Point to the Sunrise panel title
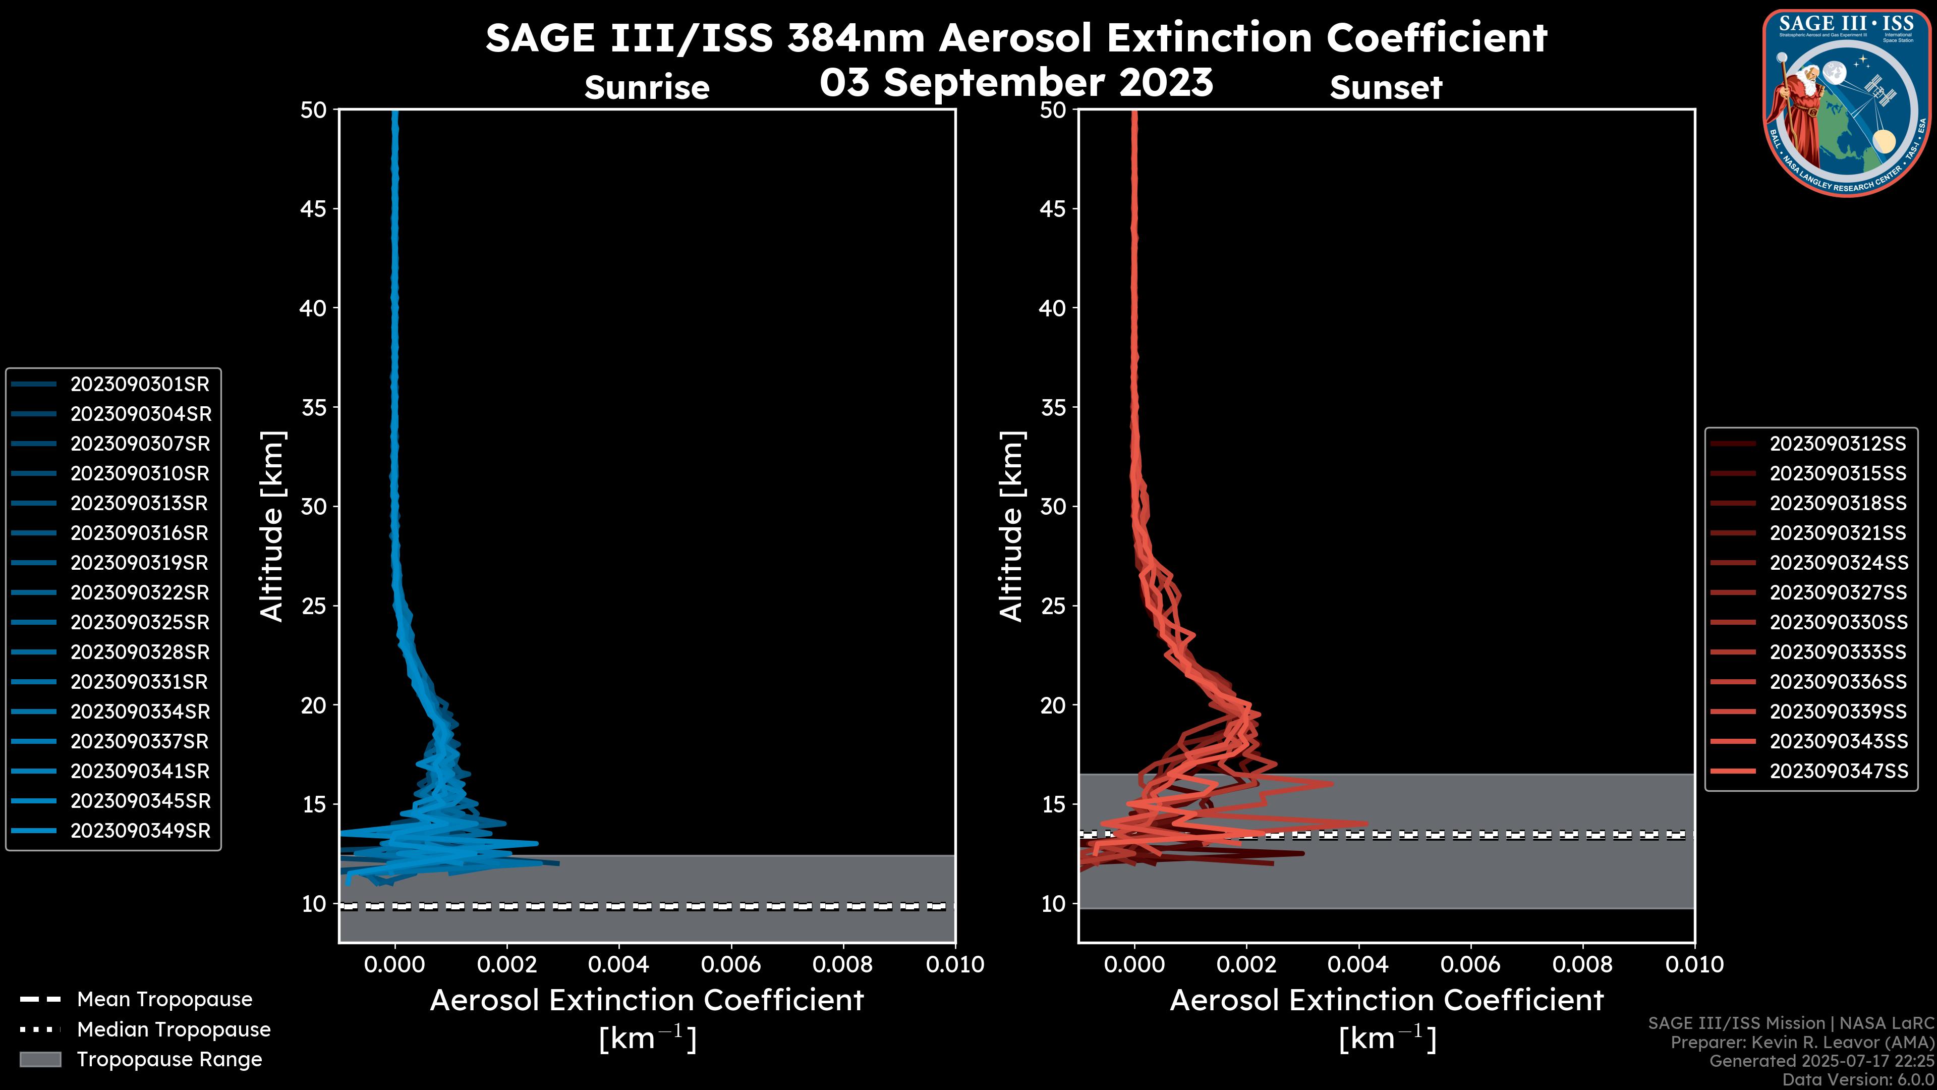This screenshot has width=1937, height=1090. click(x=647, y=88)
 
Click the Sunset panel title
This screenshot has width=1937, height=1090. click(x=1386, y=88)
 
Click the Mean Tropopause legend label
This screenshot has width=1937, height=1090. click(x=164, y=1000)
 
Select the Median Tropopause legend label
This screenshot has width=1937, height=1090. click(x=174, y=1030)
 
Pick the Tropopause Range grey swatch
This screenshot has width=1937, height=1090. click(x=40, y=1060)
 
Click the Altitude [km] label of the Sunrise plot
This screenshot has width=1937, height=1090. click(x=272, y=526)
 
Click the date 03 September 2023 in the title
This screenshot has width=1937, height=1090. click(x=1016, y=83)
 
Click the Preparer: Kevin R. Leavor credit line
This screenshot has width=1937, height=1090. click(x=1802, y=1043)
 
